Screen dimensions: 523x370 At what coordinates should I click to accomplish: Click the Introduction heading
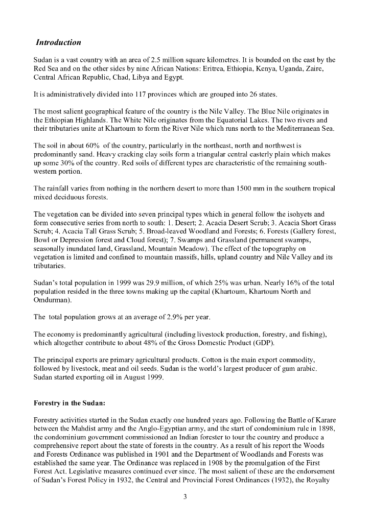tap(58, 42)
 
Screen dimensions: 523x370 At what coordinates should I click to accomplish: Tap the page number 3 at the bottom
tap(185, 499)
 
